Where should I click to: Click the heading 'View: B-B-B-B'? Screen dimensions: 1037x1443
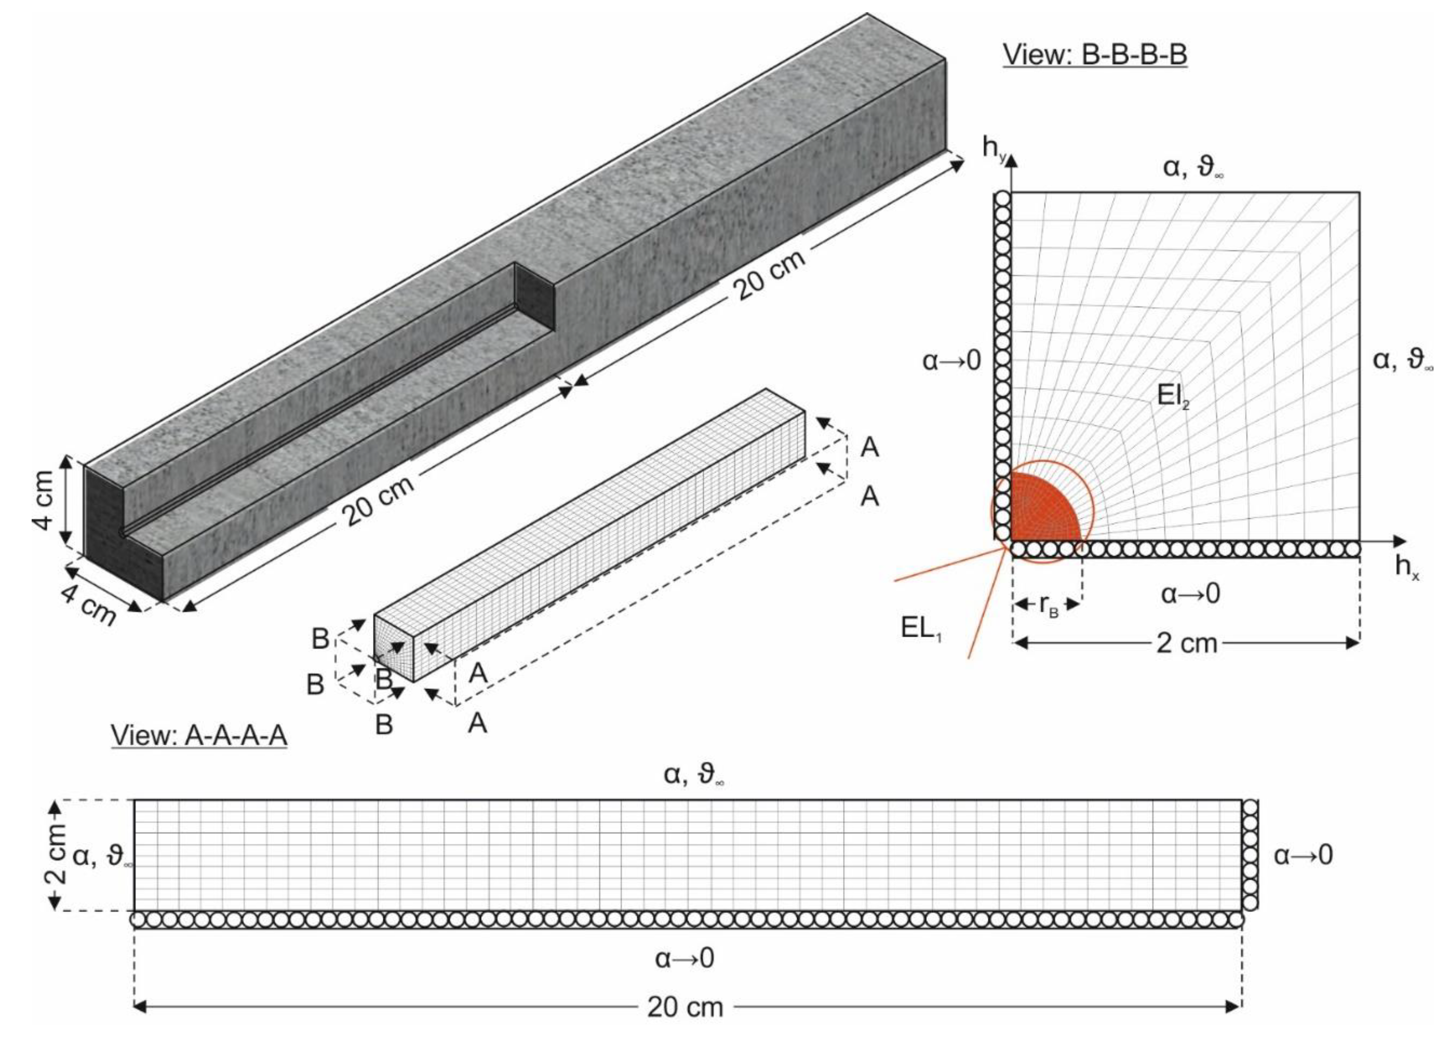1095,55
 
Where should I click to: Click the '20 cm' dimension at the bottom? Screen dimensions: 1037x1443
685,1007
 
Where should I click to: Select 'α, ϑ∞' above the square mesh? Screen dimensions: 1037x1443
1193,168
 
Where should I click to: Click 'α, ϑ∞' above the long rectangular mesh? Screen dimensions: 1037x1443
693,775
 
